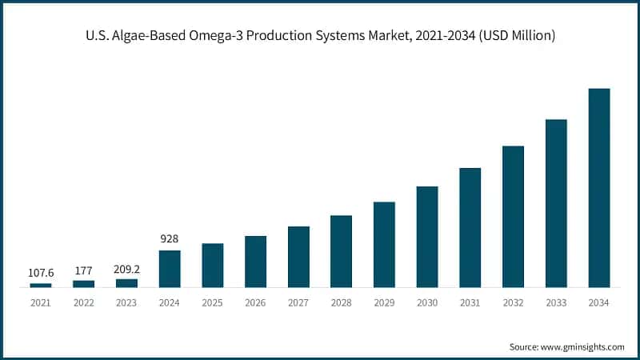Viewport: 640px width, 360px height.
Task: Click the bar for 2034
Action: tap(599, 188)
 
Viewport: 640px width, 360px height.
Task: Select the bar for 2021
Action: tap(41, 284)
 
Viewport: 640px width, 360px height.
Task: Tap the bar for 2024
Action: tap(170, 269)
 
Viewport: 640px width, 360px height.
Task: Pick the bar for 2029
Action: tap(384, 244)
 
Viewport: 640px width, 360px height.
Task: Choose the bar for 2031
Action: tap(470, 227)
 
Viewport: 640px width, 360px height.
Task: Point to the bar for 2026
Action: tap(255, 261)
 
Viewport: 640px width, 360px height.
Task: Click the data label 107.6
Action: tap(41, 273)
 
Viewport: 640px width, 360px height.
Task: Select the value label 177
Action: tap(83, 270)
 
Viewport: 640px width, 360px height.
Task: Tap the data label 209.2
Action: tap(126, 269)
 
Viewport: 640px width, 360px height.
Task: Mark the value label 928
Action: tap(170, 238)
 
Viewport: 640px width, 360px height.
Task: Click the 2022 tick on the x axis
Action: tap(83, 303)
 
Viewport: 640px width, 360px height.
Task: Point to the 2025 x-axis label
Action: tap(212, 303)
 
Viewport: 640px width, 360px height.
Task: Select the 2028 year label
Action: tap(341, 303)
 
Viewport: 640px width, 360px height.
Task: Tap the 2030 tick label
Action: tap(427, 303)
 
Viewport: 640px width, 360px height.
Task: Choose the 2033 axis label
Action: tap(556, 303)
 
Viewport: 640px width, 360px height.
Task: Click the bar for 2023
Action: tap(126, 282)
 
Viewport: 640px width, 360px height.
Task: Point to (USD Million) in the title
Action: tap(511, 36)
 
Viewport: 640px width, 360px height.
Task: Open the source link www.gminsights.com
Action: tap(583, 346)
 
